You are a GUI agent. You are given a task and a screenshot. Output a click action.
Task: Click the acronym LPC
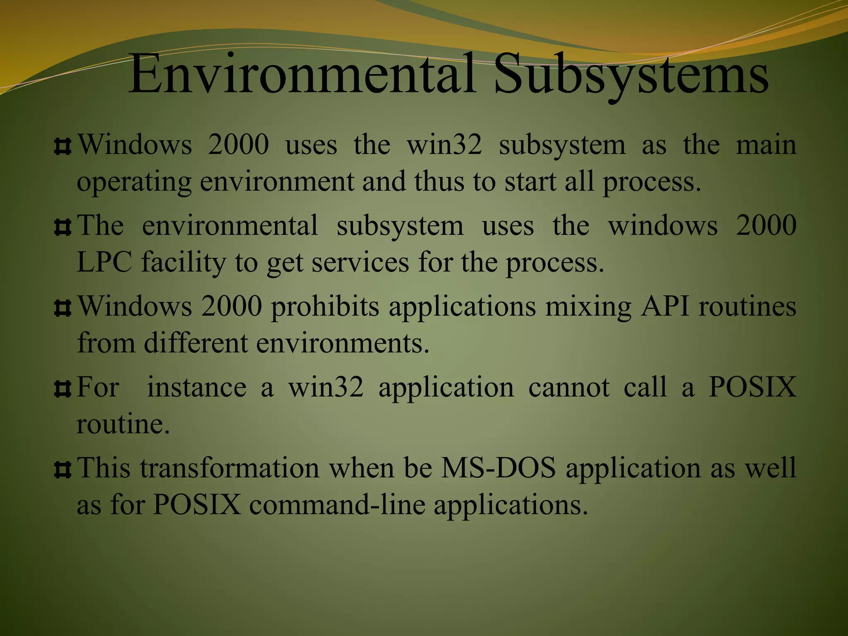click(104, 263)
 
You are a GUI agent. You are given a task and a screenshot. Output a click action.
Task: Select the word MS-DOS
click(498, 468)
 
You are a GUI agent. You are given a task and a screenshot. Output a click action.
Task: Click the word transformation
click(229, 468)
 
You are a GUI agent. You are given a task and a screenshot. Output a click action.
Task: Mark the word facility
click(183, 263)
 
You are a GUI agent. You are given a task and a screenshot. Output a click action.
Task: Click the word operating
click(134, 183)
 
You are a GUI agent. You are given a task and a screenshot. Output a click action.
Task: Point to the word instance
click(197, 388)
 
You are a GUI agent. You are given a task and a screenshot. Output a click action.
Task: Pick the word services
click(360, 263)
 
